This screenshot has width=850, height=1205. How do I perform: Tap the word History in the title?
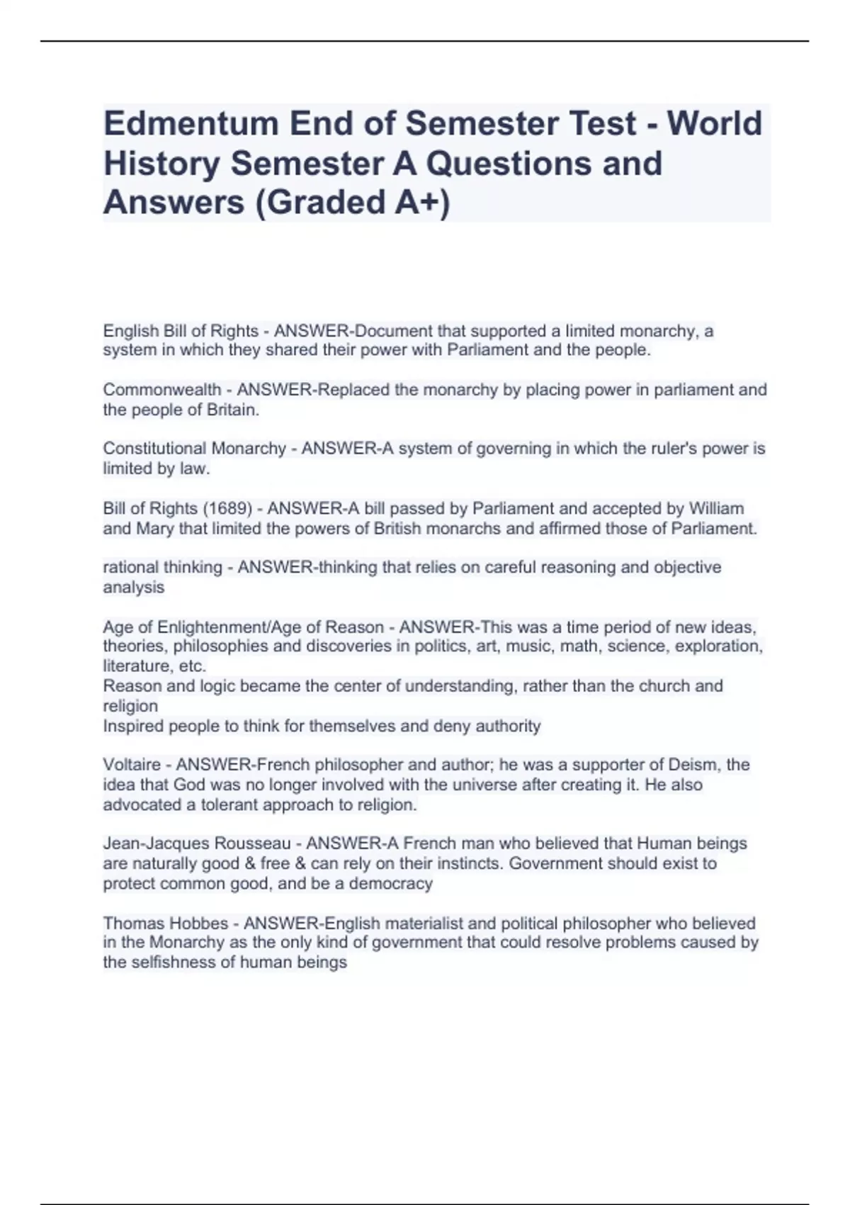pos(161,163)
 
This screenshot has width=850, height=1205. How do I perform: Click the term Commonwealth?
pos(161,390)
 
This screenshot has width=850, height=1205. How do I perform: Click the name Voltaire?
pos(132,765)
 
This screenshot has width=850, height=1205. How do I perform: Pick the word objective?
pos(688,567)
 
